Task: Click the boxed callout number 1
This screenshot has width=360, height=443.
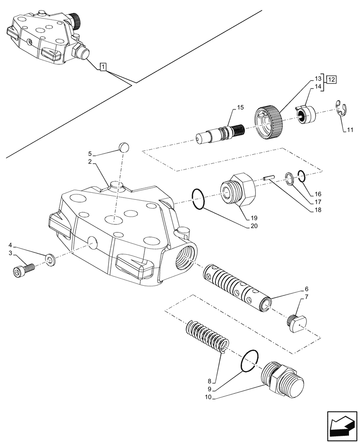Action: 103,67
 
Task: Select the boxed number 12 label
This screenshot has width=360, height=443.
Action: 331,79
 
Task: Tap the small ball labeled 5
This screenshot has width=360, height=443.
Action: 124,147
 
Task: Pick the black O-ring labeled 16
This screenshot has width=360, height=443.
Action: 301,176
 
